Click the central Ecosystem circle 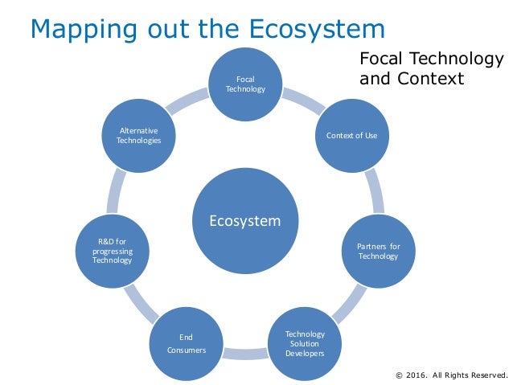244,221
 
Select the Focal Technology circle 244,84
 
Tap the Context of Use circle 351,135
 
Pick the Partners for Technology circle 377,251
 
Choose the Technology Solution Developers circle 305,343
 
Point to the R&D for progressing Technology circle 112,251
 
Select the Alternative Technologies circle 138,135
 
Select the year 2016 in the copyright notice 417,375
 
